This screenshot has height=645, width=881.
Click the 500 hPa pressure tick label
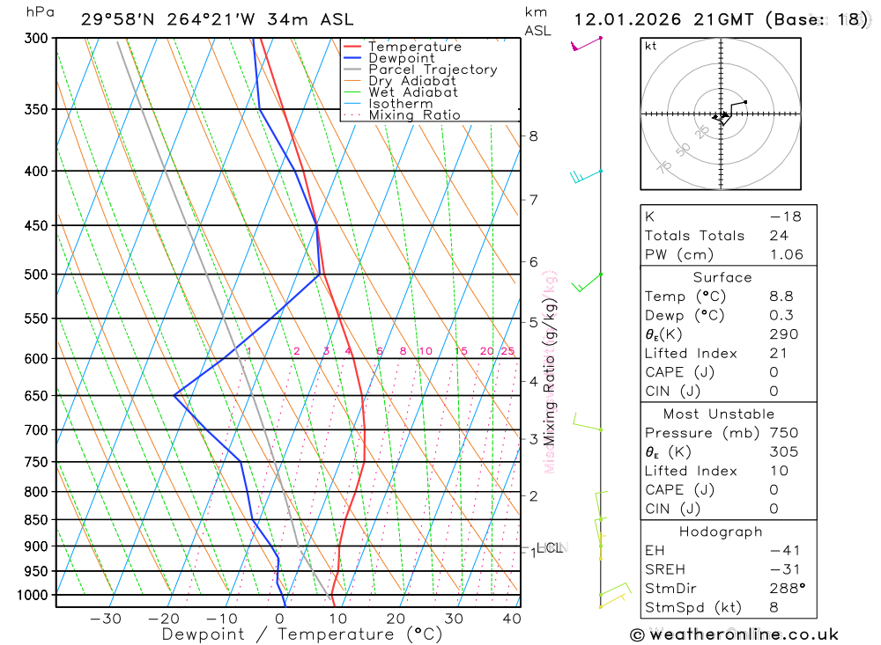pos(36,275)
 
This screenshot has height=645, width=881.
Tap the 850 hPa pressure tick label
pos(36,520)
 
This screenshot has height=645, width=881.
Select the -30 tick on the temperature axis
pos(106,619)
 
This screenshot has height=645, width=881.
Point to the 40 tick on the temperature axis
pos(512,619)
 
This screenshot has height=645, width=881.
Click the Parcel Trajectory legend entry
pos(432,70)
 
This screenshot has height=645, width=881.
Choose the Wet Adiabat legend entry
pos(412,92)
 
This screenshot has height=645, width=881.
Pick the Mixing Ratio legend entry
pos(414,115)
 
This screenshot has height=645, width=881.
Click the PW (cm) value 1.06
pos(786,254)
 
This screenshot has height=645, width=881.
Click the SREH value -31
pos(781,568)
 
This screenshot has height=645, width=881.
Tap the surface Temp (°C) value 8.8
pos(781,297)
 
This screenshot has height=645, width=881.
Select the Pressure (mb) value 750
pos(783,433)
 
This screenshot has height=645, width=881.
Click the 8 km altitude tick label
pos(533,136)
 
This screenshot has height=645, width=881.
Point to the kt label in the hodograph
pos(651,47)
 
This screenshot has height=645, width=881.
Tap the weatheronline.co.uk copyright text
pos(735,634)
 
